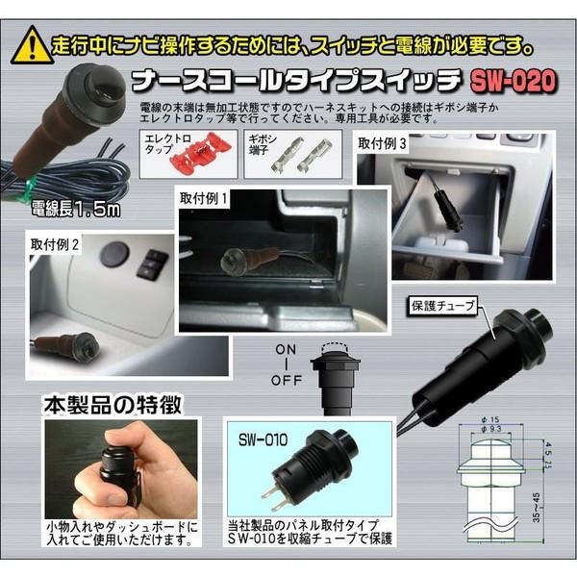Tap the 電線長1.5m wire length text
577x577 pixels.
pyautogui.click(x=70, y=208)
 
